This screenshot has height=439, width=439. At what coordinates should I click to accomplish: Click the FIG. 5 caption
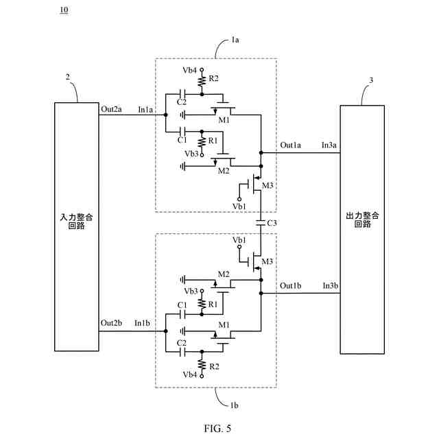217,428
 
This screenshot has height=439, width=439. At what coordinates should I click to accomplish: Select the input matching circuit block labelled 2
76,227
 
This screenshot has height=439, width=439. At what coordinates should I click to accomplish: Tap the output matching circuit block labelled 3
362,230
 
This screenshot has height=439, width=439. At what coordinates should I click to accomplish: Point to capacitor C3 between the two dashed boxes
261,223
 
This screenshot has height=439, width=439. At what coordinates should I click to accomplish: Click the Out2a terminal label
111,109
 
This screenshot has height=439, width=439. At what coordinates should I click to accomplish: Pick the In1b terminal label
142,323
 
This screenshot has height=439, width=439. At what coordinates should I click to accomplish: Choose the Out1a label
290,145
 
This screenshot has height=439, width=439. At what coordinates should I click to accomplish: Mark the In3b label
331,285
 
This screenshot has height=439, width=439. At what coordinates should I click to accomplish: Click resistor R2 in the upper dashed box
202,82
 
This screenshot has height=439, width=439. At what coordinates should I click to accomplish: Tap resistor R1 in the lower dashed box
202,303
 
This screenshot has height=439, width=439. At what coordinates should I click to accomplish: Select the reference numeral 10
64,10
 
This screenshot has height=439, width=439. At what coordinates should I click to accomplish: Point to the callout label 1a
235,40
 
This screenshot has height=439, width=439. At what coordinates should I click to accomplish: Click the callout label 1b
234,405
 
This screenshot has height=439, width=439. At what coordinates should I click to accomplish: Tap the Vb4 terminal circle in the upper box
201,69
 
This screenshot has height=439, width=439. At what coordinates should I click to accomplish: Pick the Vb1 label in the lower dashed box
239,240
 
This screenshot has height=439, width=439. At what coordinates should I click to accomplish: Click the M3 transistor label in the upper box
268,185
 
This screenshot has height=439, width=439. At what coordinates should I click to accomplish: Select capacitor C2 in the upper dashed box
182,95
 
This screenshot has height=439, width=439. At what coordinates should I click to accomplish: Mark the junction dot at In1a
165,115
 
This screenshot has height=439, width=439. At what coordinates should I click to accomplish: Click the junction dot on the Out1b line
261,293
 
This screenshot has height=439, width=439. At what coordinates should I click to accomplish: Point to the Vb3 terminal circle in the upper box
202,154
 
